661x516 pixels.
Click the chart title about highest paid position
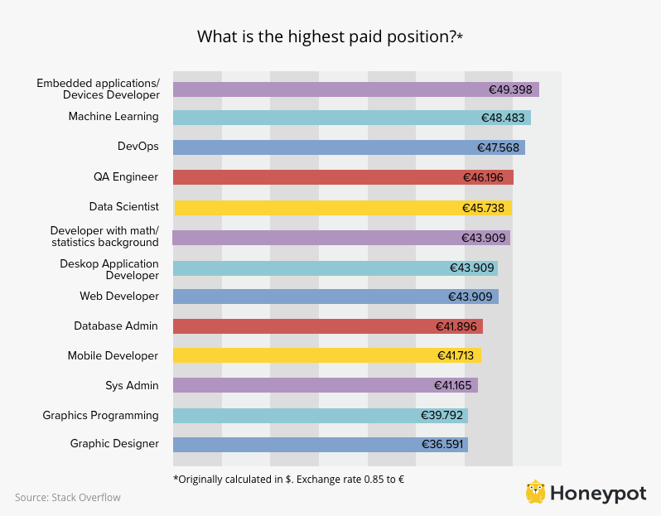pyautogui.click(x=330, y=37)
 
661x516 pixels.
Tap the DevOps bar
pyautogui.click(x=348, y=147)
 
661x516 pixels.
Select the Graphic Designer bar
pyautogui.click(x=320, y=444)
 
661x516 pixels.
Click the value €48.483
pyautogui.click(x=503, y=118)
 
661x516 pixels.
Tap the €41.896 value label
pyautogui.click(x=456, y=326)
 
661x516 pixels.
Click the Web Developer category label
pyautogui.click(x=118, y=296)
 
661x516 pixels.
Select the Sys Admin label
pyautogui.click(x=132, y=385)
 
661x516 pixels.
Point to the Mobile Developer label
pyautogui.click(x=113, y=355)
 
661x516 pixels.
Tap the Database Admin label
pyautogui.click(x=116, y=326)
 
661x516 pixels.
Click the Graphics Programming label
pyautogui.click(x=100, y=415)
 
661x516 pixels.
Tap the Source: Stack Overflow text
pyautogui.click(x=68, y=497)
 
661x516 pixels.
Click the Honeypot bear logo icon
pyautogui.click(x=536, y=492)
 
